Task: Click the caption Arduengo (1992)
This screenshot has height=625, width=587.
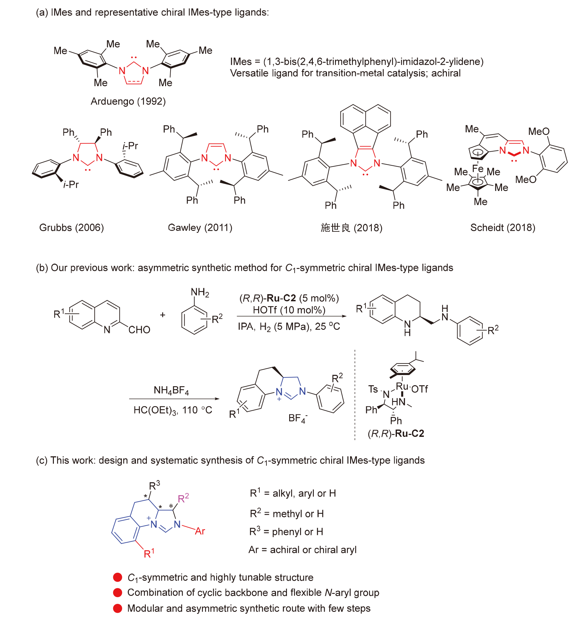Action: [x=128, y=101]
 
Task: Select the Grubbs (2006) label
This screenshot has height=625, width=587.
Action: [x=71, y=228]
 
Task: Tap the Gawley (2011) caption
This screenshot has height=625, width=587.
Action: [x=200, y=228]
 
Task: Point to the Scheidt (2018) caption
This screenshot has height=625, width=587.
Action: [x=503, y=228]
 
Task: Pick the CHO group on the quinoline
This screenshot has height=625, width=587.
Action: [x=139, y=329]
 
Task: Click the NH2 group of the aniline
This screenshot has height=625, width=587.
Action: [x=200, y=292]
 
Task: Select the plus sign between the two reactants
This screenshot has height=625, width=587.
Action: [x=163, y=315]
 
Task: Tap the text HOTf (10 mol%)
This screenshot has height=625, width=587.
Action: [x=289, y=310]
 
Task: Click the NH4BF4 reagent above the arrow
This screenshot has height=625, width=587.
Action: [x=171, y=390]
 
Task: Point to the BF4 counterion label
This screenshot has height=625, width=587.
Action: [x=298, y=418]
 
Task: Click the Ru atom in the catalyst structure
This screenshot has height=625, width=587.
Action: [x=401, y=386]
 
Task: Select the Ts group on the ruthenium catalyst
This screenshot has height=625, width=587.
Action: [x=373, y=389]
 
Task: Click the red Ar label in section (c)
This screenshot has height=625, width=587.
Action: [x=200, y=531]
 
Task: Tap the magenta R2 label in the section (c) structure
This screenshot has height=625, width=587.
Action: [x=183, y=498]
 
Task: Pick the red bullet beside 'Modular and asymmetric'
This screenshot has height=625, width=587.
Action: [x=118, y=608]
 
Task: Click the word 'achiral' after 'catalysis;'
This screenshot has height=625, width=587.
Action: [x=446, y=73]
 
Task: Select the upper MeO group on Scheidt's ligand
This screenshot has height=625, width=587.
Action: [x=539, y=131]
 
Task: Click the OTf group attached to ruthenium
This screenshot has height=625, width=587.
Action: [x=419, y=389]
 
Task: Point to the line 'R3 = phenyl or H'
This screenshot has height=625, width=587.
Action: [x=286, y=531]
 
